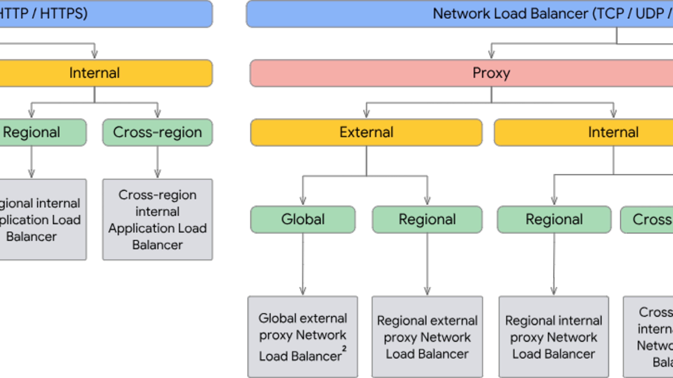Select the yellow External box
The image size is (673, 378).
pos(366,132)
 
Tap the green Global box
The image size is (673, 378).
pos(303,219)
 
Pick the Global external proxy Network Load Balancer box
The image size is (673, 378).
pos(303,336)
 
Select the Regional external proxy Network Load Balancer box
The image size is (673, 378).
pos(427,336)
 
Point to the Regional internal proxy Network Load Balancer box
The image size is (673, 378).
pos(554,336)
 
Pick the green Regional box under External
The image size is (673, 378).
pos(427,219)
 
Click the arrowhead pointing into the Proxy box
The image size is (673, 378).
pos(491,55)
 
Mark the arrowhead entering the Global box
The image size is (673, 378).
pos(303,201)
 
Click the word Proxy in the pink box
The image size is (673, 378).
pos(491,73)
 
